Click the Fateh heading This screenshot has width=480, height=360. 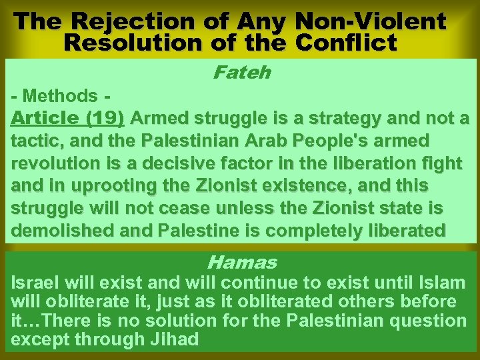pyautogui.click(x=241, y=71)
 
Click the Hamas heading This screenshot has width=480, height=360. pyautogui.click(x=241, y=262)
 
